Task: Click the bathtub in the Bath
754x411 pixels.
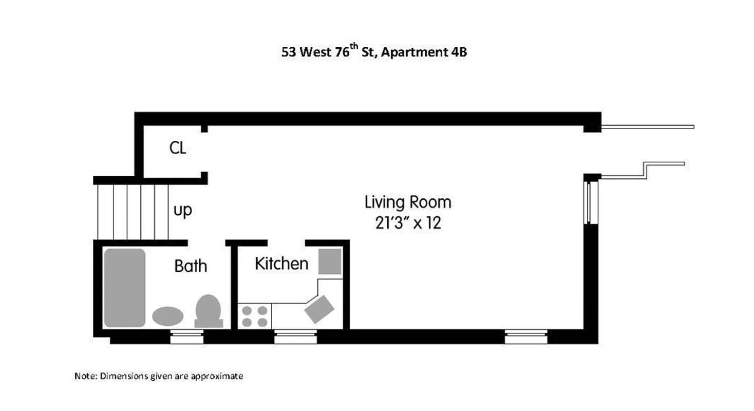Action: click(125, 288)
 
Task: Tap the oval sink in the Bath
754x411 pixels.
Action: click(167, 315)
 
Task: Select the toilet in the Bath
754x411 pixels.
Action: click(209, 310)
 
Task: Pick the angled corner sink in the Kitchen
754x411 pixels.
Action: click(319, 309)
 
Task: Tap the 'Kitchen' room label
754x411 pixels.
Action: click(281, 264)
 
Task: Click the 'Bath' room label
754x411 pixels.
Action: click(191, 266)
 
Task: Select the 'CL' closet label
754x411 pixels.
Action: click(178, 148)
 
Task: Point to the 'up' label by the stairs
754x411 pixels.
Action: click(182, 211)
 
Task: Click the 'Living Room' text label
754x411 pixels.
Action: click(408, 202)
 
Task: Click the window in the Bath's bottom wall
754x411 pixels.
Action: click(186, 337)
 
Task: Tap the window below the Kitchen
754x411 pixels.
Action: click(295, 337)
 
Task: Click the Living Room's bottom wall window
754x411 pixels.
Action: click(525, 337)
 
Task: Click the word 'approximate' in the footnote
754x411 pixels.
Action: click(216, 377)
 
